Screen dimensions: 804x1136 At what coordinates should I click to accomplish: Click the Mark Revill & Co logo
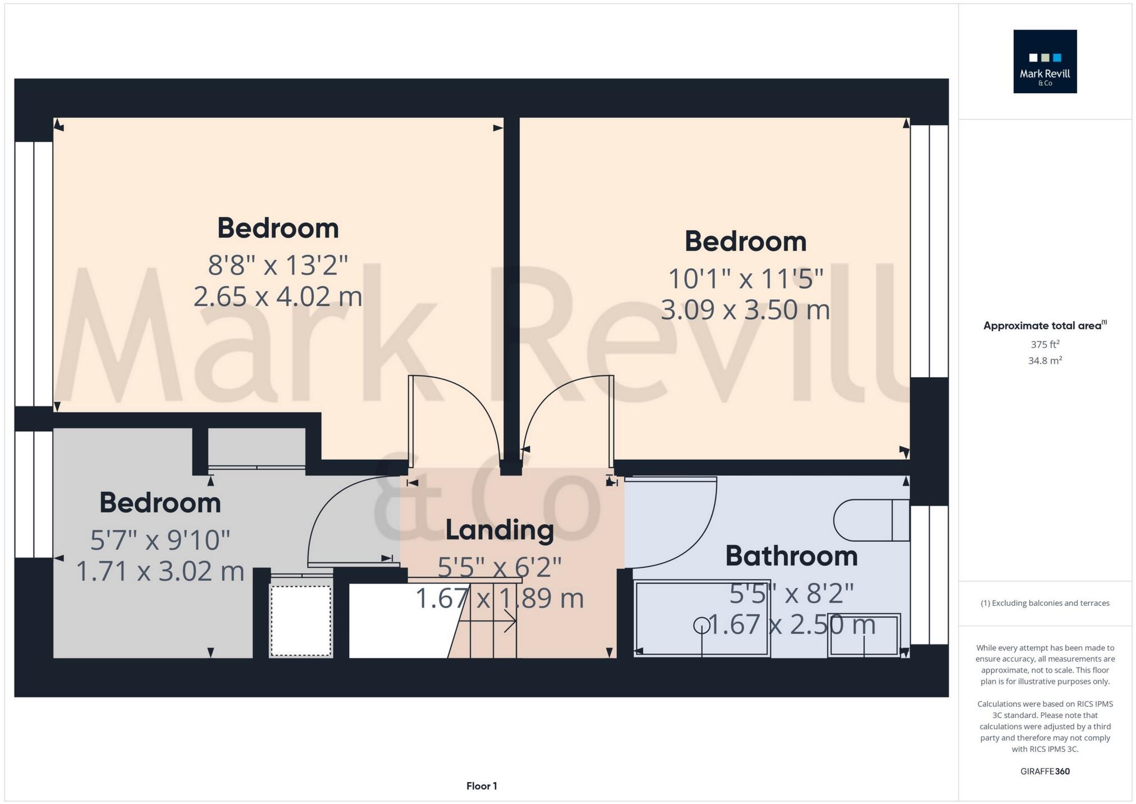[1045, 61]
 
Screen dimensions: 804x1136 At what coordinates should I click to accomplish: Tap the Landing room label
[500, 529]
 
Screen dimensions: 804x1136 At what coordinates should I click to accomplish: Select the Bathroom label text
[791, 556]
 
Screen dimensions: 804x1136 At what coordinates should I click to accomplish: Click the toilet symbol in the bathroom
[870, 520]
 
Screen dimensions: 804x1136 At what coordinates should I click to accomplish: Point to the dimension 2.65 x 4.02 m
[278, 296]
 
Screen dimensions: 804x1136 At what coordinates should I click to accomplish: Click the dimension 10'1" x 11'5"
[745, 278]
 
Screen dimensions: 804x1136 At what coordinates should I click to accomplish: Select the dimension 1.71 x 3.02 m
[160, 572]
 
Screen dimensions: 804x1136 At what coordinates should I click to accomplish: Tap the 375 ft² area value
[1045, 344]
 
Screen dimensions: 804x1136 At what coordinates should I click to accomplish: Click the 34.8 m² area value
[1045, 360]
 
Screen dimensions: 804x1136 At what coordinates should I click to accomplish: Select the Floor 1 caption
[482, 786]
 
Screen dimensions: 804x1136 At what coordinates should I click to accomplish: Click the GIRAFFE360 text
[1045, 771]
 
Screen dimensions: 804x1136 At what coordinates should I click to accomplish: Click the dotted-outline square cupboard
[301, 620]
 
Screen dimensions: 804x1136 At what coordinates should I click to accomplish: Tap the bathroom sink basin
[864, 634]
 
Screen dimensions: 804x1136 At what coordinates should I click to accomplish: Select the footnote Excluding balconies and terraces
[1045, 603]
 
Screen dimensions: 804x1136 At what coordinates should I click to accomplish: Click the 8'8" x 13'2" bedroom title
[278, 227]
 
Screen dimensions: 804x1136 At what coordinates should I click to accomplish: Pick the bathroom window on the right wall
[929, 574]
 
